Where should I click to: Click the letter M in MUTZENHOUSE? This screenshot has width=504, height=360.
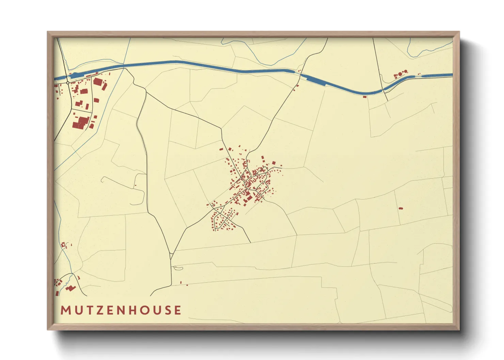point(65,310)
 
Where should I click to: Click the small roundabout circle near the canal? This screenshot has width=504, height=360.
point(68,83)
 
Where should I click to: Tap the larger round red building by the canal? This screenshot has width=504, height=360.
point(400,74)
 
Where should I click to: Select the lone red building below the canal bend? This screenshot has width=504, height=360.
point(365,97)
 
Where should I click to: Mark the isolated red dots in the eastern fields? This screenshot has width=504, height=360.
point(400,208)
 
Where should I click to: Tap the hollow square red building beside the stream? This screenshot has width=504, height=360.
point(63,245)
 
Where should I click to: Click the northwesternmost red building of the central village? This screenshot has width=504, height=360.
point(221,149)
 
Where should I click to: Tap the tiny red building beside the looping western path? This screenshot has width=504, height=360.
point(136,185)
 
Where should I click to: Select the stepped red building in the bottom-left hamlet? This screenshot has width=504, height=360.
point(71,288)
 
